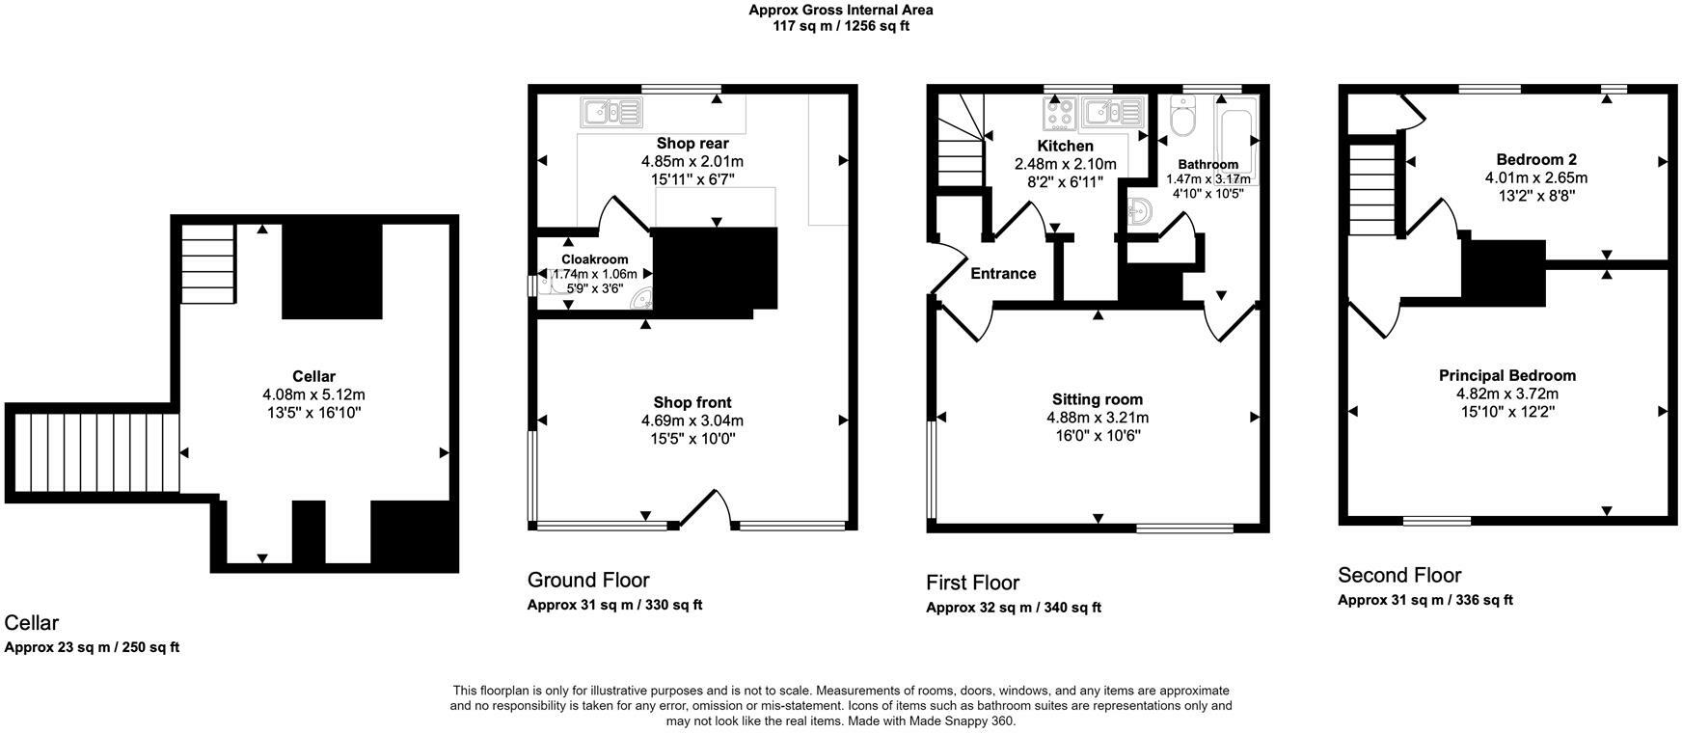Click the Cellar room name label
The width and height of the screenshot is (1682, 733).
point(313,376)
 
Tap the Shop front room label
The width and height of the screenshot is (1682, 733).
point(692,402)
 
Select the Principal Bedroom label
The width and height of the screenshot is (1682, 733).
point(1506,375)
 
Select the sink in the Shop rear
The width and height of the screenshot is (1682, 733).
point(610,113)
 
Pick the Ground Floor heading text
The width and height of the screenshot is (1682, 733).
point(587,580)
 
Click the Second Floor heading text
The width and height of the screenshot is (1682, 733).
point(1398,576)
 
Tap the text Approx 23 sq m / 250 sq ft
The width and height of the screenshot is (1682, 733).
point(92,647)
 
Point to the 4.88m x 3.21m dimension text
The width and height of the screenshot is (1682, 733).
point(1097,418)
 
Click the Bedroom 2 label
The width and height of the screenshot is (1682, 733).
point(1535,159)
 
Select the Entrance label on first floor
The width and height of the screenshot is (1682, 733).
point(1003,274)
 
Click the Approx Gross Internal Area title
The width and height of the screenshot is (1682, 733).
point(840,10)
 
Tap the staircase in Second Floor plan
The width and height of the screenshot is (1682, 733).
point(1372,189)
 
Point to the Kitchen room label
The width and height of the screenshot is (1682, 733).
point(1065,146)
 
